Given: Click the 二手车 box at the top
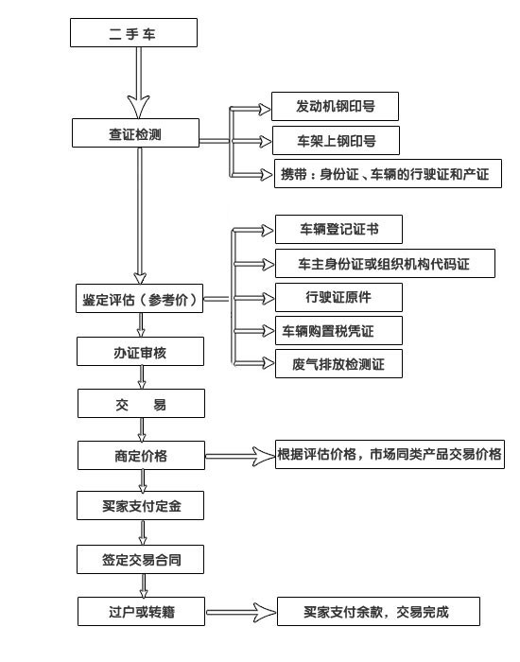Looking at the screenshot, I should (x=133, y=34).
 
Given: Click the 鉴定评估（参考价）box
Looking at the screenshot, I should (x=140, y=301).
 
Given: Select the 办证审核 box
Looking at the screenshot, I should (x=140, y=353).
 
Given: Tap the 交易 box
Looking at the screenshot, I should (x=140, y=404).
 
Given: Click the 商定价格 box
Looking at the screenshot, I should (x=140, y=456).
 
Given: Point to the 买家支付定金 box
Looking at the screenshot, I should (x=140, y=506).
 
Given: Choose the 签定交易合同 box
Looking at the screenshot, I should (x=140, y=559).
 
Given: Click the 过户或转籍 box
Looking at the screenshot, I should (x=140, y=612).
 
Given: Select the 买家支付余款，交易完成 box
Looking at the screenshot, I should (x=377, y=612).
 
